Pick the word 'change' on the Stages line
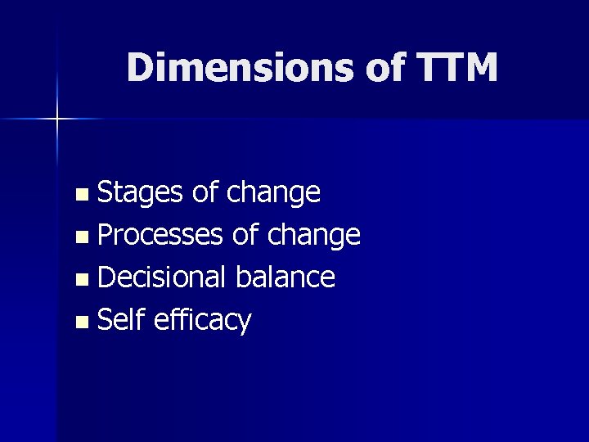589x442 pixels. (x=273, y=193)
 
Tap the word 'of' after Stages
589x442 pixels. (x=205, y=192)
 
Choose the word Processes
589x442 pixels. (x=160, y=236)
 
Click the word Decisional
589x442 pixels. (x=163, y=277)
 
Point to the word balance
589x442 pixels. (x=286, y=277)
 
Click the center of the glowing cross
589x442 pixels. (x=57, y=120)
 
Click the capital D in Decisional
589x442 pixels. (x=105, y=277)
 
